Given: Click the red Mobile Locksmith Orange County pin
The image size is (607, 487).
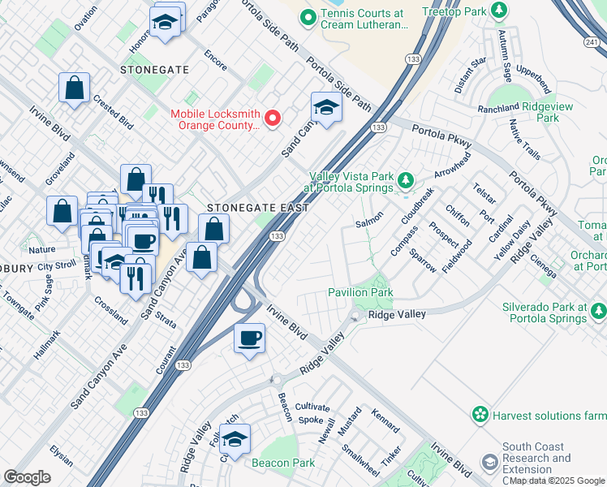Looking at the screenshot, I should point(273,119).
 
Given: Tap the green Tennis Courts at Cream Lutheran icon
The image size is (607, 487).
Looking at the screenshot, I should point(308,17).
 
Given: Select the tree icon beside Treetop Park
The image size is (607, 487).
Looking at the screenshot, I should point(501,11).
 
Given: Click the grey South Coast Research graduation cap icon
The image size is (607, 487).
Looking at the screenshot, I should point(489,463).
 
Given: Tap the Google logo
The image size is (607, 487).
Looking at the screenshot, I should point(27,477).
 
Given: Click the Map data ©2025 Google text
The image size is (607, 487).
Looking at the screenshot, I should point(557,481).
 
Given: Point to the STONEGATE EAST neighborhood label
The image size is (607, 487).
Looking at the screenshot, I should point(257,208).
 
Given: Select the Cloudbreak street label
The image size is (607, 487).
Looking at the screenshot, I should point(417,207).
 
